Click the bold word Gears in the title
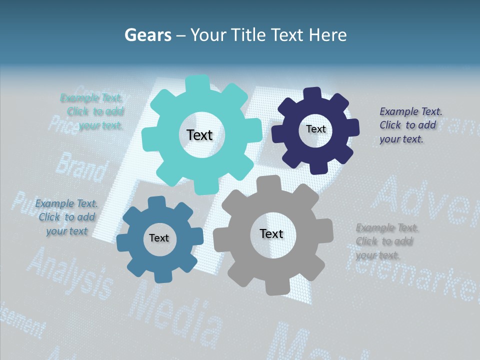point(147,35)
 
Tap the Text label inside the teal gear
point(199,135)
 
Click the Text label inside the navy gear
point(315,129)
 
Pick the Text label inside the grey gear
point(271,233)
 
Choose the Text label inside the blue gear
point(159,238)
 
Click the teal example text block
point(93,112)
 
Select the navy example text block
point(410,125)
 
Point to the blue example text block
point(66,217)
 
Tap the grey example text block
point(386,241)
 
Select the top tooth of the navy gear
point(312,93)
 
